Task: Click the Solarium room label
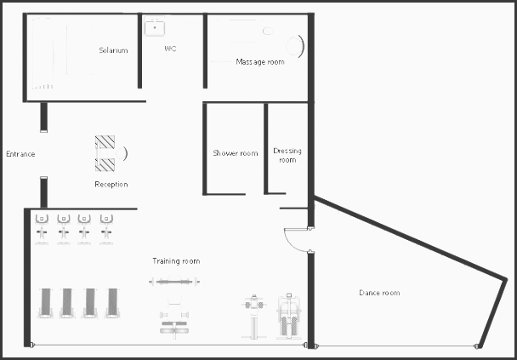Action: click(113, 50)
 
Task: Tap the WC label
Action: click(170, 49)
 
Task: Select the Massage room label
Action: click(260, 62)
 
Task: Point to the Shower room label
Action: click(235, 153)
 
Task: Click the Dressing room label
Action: click(287, 155)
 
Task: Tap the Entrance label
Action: click(20, 154)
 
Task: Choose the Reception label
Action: click(111, 184)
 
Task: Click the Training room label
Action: click(176, 261)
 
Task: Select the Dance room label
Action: click(379, 293)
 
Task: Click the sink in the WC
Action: click(154, 28)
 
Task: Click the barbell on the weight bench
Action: click(174, 282)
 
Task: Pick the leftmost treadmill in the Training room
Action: click(46, 303)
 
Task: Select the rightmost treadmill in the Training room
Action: click(112, 303)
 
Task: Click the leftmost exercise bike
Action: click(42, 229)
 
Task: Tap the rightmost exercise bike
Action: click(106, 229)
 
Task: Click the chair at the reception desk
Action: click(122, 153)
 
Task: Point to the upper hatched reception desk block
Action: click(105, 142)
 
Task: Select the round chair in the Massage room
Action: click(295, 46)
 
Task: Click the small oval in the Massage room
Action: click(268, 31)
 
